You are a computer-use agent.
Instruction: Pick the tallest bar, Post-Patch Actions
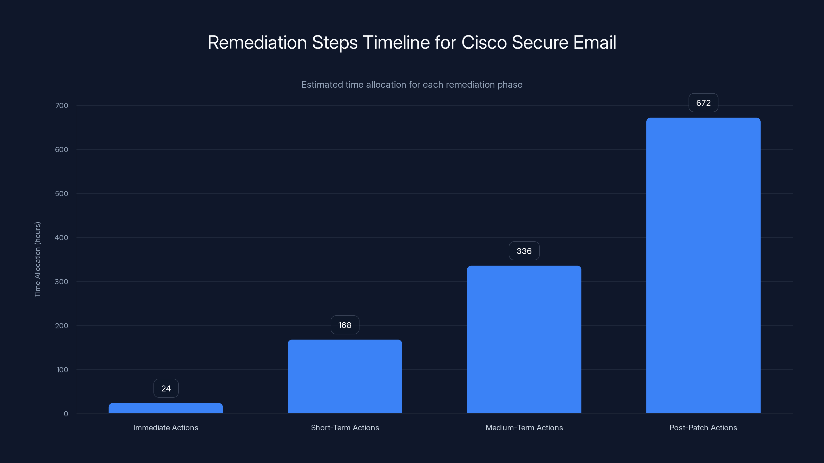coord(703,265)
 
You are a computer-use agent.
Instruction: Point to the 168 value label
coord(345,325)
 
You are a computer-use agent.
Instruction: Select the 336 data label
coord(524,251)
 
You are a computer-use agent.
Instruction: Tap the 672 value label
coord(703,103)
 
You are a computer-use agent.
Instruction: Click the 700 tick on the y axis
coord(62,105)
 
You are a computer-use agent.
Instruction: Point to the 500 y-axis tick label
coord(62,194)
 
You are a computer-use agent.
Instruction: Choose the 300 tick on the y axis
coord(62,281)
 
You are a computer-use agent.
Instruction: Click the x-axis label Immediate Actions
coord(166,428)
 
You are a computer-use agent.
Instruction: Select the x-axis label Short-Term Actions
coord(345,428)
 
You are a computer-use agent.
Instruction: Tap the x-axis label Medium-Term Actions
coord(524,428)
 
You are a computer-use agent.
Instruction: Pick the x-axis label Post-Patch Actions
coord(703,428)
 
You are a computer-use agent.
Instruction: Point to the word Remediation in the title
coord(257,42)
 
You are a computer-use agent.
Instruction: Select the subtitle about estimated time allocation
coord(412,84)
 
